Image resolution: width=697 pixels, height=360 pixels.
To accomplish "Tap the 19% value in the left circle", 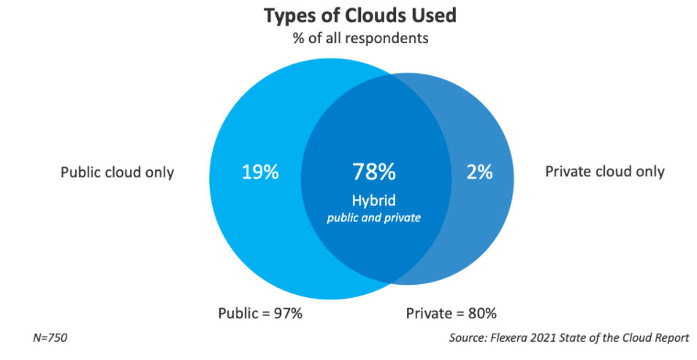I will (260, 172).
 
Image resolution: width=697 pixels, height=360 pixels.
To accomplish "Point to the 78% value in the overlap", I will (373, 172).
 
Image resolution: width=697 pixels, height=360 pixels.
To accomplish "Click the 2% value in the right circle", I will (479, 172).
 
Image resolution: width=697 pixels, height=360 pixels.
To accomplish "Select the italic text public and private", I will (373, 218).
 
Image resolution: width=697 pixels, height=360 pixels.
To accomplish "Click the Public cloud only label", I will (117, 172).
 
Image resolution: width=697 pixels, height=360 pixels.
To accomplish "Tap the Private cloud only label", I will (605, 172).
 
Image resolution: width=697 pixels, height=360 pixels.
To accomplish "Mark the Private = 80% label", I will (451, 314).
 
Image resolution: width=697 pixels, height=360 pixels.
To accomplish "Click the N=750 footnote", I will (50, 338).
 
